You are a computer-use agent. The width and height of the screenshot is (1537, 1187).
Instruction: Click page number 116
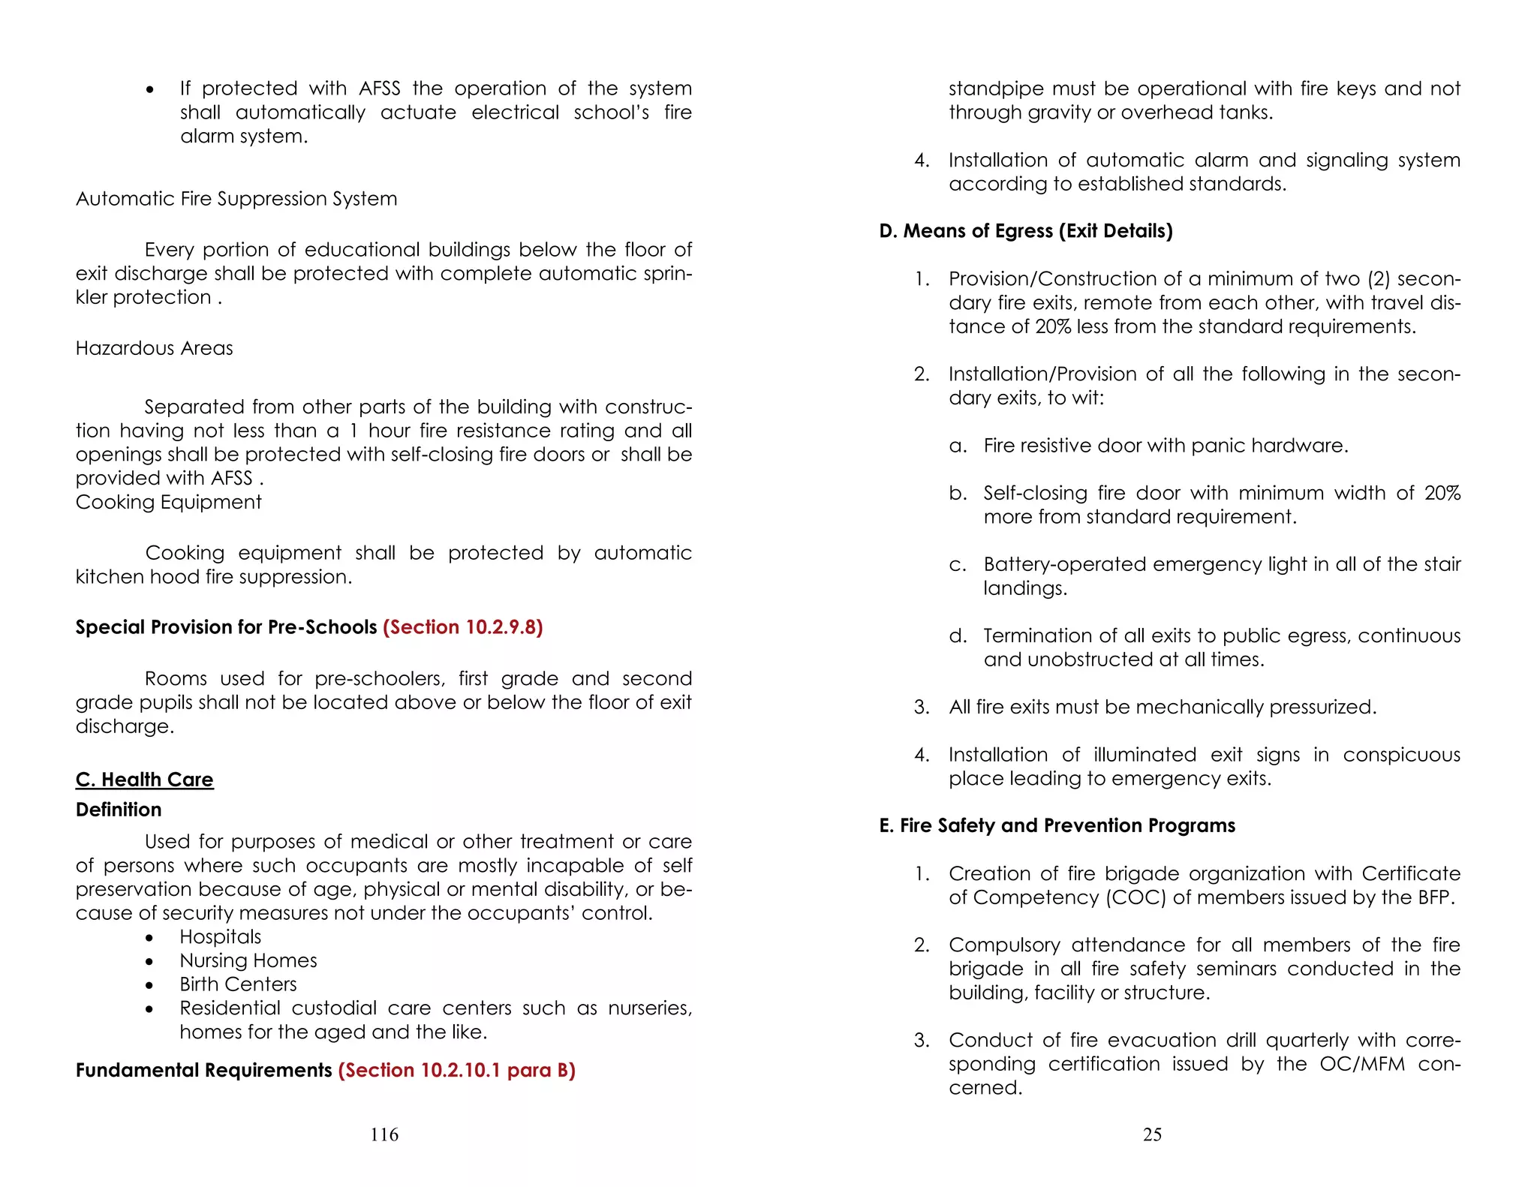384,1134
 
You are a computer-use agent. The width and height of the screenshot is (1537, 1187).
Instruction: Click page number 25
1152,1134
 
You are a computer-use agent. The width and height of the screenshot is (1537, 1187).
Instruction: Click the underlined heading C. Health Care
144,780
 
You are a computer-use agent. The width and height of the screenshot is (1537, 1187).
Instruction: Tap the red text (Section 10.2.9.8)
462,627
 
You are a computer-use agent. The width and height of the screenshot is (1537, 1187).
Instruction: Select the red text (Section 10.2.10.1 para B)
456,1070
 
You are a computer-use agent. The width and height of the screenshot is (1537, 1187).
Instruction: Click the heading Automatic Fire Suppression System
236,199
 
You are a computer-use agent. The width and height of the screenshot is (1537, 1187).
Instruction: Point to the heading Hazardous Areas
154,348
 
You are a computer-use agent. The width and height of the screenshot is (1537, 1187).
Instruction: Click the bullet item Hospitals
220,937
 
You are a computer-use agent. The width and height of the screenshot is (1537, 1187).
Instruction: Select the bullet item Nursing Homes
248,961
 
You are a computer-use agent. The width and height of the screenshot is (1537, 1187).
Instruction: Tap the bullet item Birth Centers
238,984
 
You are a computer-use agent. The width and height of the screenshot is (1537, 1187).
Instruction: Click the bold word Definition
119,810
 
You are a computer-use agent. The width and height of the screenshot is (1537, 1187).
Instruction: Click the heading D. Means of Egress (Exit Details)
1025,231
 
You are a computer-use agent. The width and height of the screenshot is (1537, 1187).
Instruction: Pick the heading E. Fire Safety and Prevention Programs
1057,825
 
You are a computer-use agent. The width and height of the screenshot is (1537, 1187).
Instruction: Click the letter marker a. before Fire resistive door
957,446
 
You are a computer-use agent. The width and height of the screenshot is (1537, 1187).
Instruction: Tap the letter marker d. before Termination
957,636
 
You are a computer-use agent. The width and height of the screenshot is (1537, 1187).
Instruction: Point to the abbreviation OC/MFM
1362,1064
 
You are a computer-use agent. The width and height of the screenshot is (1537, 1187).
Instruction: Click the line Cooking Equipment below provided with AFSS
168,502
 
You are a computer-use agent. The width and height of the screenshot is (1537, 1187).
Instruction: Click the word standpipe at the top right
996,89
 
